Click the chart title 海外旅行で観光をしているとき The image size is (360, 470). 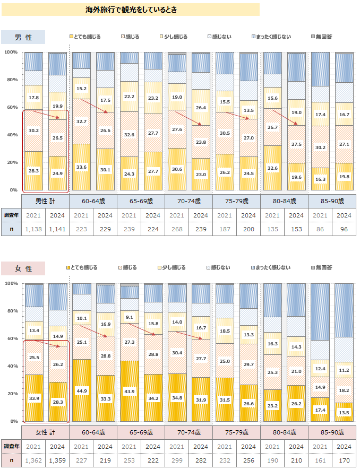click(x=131, y=10)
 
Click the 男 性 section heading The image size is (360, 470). click(x=23, y=37)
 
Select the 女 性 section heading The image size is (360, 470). click(x=23, y=268)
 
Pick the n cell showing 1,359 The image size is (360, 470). click(x=57, y=460)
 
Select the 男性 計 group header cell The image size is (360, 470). click(x=46, y=202)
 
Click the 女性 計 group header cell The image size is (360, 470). click(x=46, y=433)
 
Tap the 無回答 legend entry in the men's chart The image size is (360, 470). click(x=323, y=37)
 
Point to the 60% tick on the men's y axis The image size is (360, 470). click(x=11, y=107)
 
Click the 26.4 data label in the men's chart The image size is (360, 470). click(x=201, y=108)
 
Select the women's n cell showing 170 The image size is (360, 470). click(x=345, y=460)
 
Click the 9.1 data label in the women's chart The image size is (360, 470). click(x=130, y=317)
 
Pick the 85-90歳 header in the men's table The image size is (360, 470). click(x=332, y=202)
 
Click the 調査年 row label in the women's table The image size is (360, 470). click(x=11, y=446)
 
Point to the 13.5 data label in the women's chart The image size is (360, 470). click(x=345, y=412)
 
